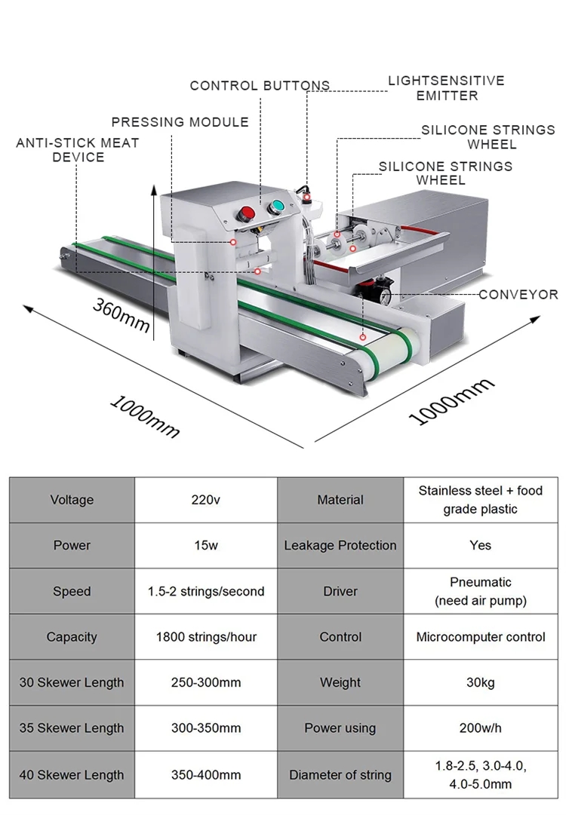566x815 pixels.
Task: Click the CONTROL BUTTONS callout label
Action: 260,86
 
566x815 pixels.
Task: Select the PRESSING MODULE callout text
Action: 180,122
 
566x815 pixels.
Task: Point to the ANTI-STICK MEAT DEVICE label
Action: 78,150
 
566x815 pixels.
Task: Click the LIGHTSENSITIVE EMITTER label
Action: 446,88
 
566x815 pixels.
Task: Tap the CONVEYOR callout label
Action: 518,295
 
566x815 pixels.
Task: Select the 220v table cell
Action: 205,500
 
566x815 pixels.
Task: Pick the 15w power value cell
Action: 205,546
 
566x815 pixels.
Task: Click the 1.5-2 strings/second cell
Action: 205,592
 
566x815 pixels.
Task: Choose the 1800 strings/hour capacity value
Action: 205,637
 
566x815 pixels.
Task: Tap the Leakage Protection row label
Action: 340,546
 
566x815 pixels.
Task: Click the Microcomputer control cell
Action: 481,637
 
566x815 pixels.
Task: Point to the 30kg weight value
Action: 481,683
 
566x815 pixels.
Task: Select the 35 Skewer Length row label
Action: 72,728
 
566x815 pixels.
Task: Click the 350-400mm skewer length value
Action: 205,774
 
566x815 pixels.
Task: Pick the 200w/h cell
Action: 481,728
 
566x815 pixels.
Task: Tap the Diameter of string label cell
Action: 340,774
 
